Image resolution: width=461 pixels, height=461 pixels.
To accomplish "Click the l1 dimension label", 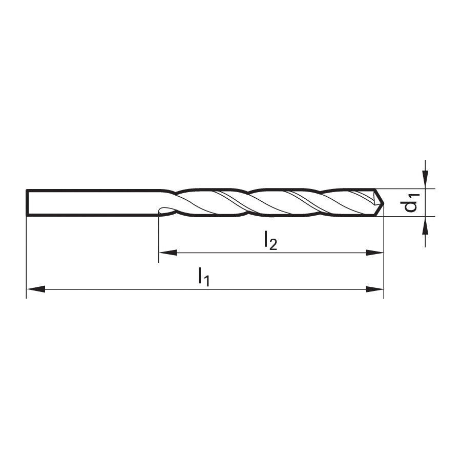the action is tap(203, 277).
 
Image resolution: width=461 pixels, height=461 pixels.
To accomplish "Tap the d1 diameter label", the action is tap(411, 202).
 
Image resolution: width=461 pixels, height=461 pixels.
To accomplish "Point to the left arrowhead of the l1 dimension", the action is tap(36, 289).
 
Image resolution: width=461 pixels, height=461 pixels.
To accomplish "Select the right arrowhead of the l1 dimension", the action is tap(374, 289).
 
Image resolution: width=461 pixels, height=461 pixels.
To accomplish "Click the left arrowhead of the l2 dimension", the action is tap(168, 253).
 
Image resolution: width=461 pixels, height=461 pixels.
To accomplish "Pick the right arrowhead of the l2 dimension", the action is tap(374, 253).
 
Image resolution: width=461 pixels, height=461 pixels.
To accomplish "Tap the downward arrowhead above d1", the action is tap(425, 179).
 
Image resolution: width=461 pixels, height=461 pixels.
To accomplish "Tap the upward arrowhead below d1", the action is tap(425, 225).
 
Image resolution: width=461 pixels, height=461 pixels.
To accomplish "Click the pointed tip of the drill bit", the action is tap(384, 203).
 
